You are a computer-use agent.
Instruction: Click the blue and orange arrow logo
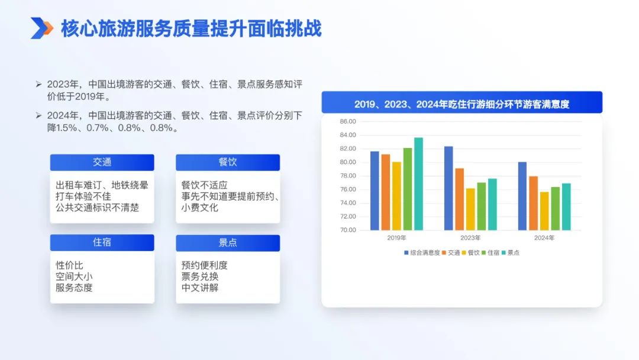click(42, 28)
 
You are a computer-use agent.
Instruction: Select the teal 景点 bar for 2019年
click(418, 184)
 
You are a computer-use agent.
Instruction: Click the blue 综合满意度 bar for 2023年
click(448, 188)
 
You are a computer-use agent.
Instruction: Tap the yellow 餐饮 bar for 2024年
click(544, 211)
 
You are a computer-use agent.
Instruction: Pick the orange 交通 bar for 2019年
click(386, 192)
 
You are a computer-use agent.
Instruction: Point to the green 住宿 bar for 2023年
click(481, 206)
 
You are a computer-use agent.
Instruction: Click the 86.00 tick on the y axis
click(348, 121)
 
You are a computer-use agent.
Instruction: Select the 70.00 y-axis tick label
click(348, 230)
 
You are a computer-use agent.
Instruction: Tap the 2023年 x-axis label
click(470, 237)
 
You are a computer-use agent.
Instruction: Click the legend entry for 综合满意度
click(422, 253)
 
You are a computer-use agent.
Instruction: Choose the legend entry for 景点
click(510, 253)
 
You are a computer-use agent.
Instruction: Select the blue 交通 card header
click(102, 162)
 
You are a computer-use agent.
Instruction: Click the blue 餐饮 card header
click(228, 162)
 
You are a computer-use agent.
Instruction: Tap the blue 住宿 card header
click(102, 243)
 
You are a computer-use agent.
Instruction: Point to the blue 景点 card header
click(228, 243)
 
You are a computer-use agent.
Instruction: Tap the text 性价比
click(69, 265)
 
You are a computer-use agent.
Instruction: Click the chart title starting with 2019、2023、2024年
click(461, 104)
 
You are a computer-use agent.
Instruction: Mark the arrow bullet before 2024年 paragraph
click(38, 116)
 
